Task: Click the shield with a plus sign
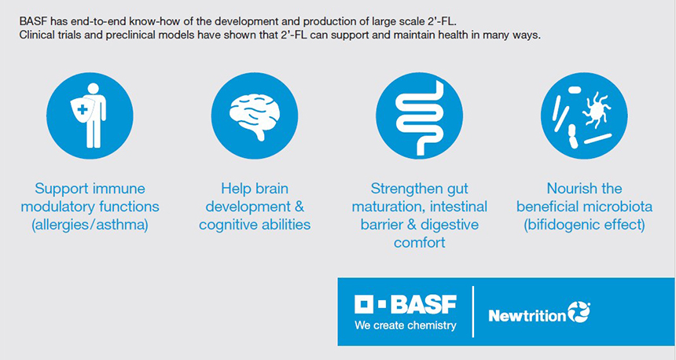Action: click(82, 110)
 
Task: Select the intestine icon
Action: click(419, 118)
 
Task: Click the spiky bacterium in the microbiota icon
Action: click(596, 108)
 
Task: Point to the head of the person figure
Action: click(93, 89)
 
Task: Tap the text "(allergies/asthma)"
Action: click(90, 225)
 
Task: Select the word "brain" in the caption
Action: click(272, 189)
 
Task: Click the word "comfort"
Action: click(419, 242)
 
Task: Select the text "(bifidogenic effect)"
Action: click(584, 225)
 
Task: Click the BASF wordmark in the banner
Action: click(424, 304)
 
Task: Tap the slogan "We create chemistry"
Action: click(406, 325)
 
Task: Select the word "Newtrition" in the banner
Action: click(527, 316)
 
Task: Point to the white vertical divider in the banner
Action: click(473, 311)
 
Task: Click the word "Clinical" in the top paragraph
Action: click(35, 35)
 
